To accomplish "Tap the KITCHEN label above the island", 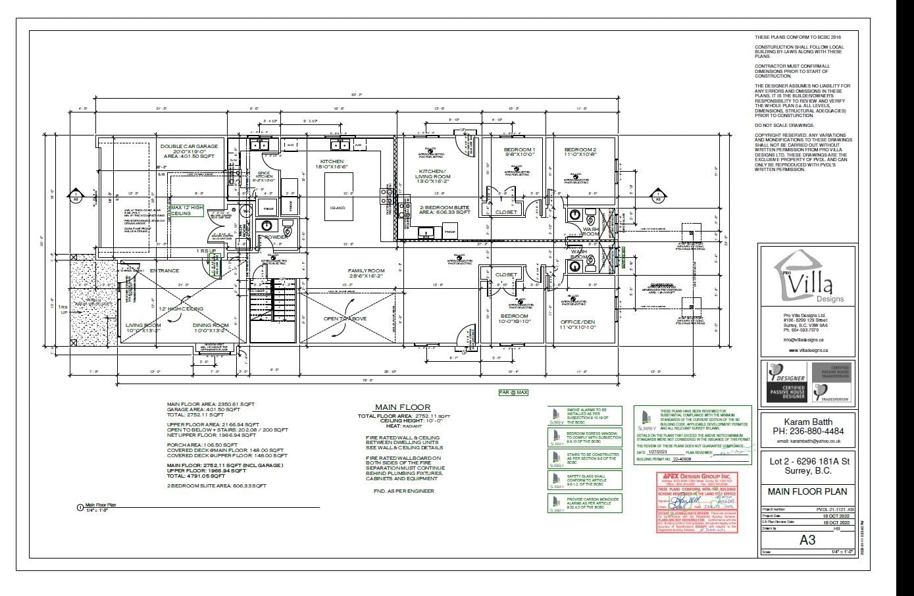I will coord(331,162).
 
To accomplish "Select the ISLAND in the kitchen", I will coord(338,207).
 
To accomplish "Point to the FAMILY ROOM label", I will coord(366,270).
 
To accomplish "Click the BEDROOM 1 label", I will coord(519,150).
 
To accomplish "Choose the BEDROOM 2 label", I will coord(580,150).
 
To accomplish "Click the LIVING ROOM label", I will coord(143,325).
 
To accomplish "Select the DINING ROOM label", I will coord(211,325).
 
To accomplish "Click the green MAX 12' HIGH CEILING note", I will coord(187,210).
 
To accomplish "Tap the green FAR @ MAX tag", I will coord(513,392).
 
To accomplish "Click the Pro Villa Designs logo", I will coord(807,285).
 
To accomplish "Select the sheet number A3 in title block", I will coord(807,539).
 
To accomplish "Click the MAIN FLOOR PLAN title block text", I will coord(807,491).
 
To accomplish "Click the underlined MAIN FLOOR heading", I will coord(402,407).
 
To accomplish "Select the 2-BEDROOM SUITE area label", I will coord(445,210).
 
